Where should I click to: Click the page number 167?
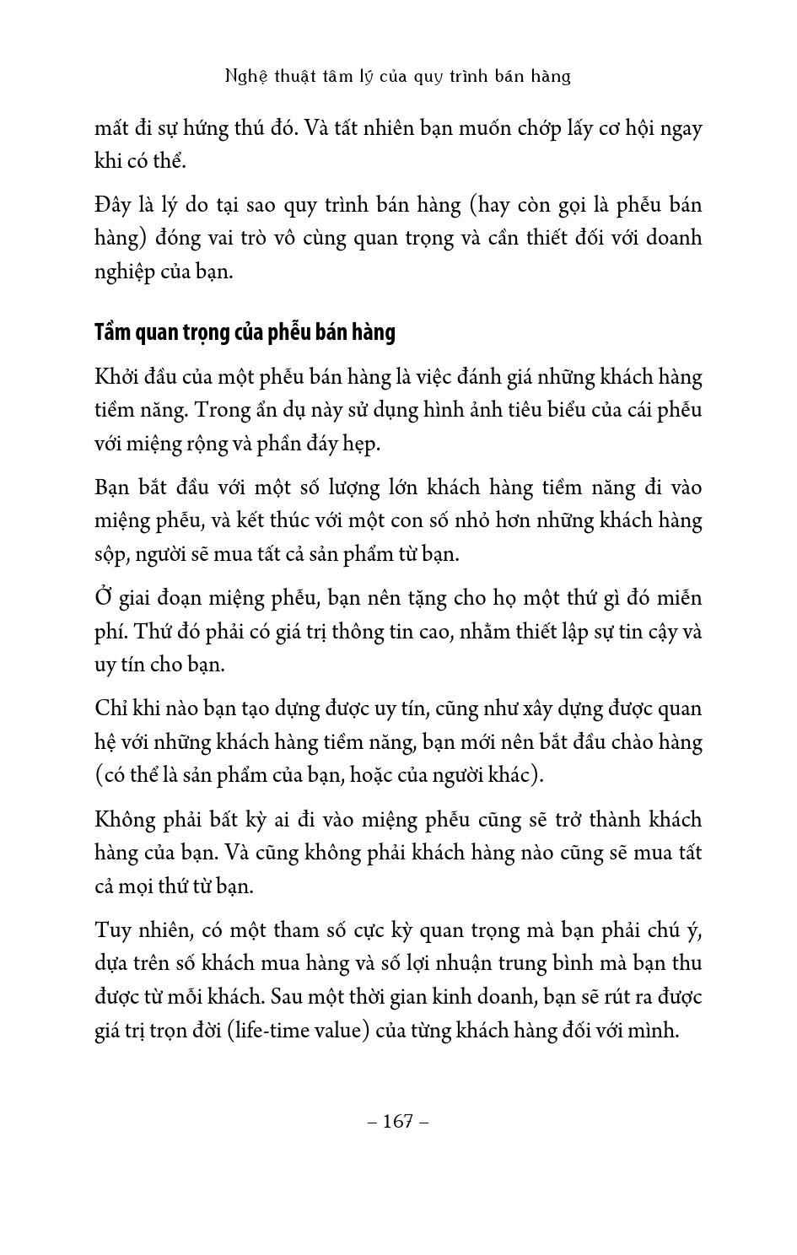point(398,1121)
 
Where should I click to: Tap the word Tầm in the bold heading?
point(114,332)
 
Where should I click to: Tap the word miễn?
point(680,598)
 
